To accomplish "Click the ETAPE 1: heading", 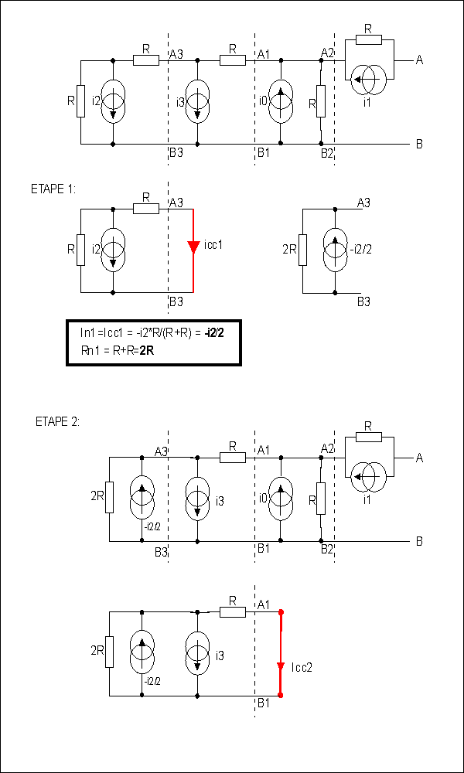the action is [x=53, y=190].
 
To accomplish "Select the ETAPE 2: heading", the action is [x=58, y=422].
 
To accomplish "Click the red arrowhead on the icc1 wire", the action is [x=193, y=246].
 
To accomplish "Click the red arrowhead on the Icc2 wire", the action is [x=281, y=666].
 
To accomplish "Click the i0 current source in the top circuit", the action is [x=281, y=103].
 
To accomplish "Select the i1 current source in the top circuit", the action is [x=368, y=79].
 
